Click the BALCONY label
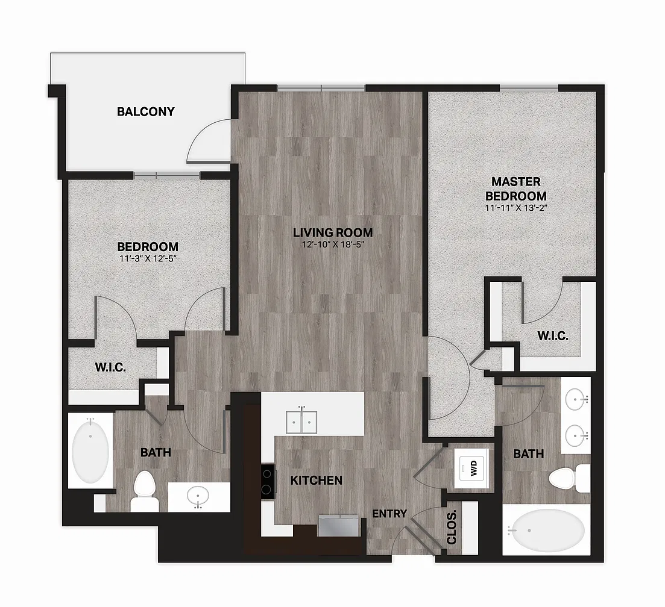(145, 111)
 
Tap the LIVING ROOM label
(333, 232)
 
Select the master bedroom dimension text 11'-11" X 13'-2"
(515, 208)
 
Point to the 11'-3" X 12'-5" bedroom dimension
(148, 258)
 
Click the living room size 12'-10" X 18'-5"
(333, 244)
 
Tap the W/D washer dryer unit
(471, 468)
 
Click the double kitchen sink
(301, 421)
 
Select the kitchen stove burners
(267, 482)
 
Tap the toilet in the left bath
(144, 491)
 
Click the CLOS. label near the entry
(452, 526)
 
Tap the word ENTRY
(389, 514)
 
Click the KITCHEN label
(317, 480)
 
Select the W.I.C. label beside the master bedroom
(553, 336)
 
